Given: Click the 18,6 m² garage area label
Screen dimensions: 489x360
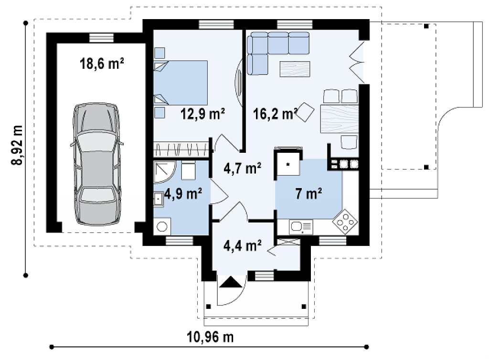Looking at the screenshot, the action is (x=102, y=64).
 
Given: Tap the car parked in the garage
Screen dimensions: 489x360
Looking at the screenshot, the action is (x=96, y=164).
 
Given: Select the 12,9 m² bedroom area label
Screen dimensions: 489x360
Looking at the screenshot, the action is (x=202, y=114).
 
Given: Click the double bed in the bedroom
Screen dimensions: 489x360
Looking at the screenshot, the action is (x=181, y=83).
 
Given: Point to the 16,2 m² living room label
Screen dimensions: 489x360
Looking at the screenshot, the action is (x=275, y=114).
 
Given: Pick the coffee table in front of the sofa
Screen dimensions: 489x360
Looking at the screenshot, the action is (x=295, y=69).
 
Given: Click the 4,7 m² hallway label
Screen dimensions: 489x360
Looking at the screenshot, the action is (x=242, y=169).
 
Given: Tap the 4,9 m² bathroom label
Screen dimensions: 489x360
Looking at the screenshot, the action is (x=183, y=193).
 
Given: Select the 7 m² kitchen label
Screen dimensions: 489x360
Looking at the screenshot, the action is (x=308, y=193).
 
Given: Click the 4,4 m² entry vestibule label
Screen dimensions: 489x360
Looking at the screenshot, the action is (x=242, y=245).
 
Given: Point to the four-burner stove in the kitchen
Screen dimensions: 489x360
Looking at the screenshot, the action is (x=345, y=222).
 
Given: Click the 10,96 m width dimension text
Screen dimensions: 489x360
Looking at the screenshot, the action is (x=210, y=337).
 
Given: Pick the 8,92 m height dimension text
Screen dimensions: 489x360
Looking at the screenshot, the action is (x=17, y=145).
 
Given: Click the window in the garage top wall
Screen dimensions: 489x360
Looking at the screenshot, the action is (x=102, y=38).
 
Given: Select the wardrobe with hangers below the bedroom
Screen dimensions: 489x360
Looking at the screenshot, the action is (x=181, y=149).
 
